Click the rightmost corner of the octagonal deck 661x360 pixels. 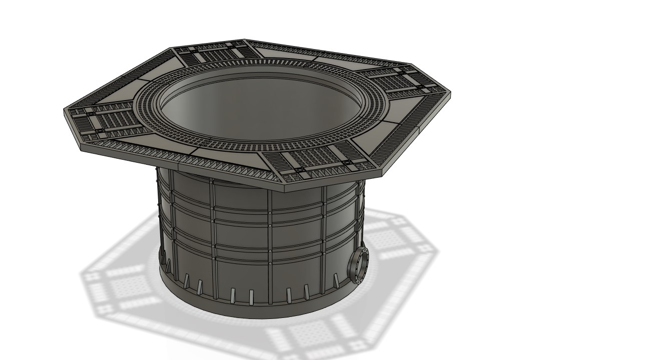tap(451, 93)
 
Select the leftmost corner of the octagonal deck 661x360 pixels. tap(64, 109)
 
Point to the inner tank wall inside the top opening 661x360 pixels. tap(250, 108)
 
